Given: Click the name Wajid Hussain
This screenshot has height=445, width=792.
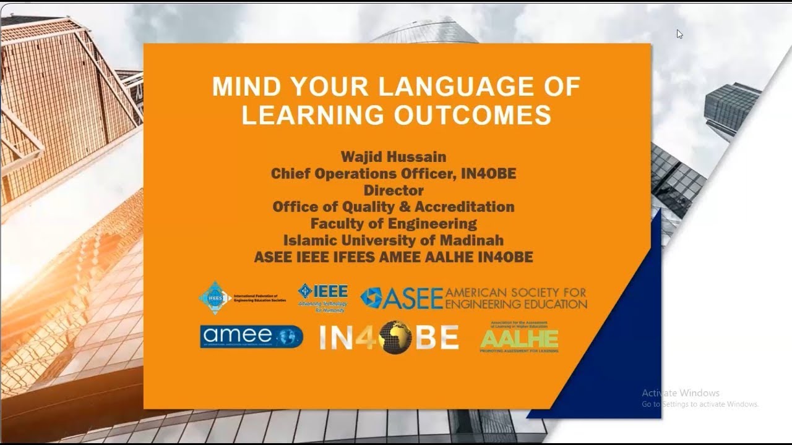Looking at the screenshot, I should pyautogui.click(x=394, y=157).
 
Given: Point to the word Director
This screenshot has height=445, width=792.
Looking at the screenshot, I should pyautogui.click(x=394, y=190).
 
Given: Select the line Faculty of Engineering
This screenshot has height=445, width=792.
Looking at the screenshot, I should pyautogui.click(x=394, y=223).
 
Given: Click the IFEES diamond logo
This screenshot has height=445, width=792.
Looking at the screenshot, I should pyautogui.click(x=215, y=298).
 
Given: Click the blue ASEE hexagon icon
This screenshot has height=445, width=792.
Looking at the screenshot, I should pyautogui.click(x=371, y=298).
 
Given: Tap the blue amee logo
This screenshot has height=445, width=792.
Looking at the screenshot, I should pyautogui.click(x=251, y=337).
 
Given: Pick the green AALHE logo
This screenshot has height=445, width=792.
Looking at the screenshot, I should pyautogui.click(x=519, y=337).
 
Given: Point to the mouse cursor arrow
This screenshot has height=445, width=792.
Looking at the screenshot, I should pyautogui.click(x=679, y=33).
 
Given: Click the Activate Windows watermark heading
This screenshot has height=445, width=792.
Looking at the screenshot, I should pyautogui.click(x=680, y=393).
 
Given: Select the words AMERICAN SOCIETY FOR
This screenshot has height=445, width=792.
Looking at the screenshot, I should pyautogui.click(x=515, y=292).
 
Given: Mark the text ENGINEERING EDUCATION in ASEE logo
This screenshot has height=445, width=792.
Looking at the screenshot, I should pyautogui.click(x=515, y=304).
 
